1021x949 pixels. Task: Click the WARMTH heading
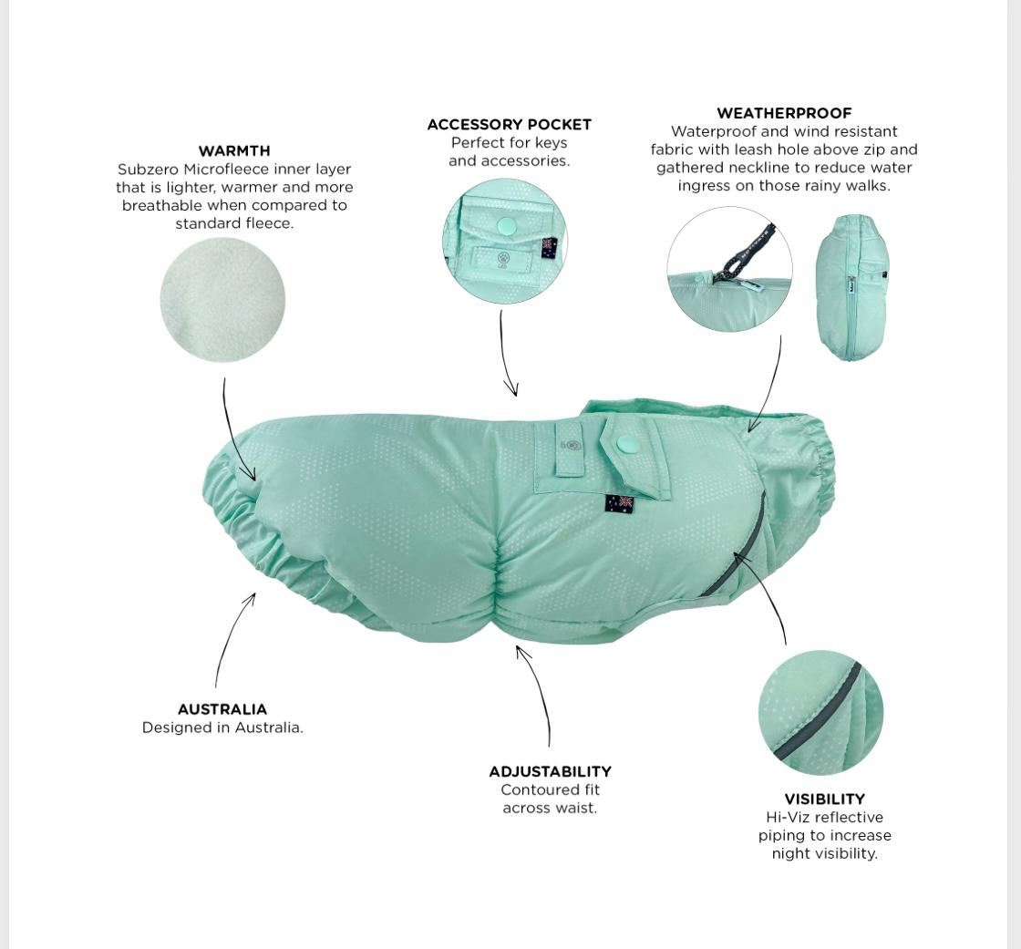233,150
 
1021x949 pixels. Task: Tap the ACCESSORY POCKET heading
510,124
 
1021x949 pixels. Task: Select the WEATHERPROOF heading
784,113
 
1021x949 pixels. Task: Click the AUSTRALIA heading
222,709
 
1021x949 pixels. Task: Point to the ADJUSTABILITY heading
551,771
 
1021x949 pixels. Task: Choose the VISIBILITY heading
824,799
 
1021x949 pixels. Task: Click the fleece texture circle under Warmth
222,300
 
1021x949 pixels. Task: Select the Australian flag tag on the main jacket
619,504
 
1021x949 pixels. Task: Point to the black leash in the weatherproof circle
747,253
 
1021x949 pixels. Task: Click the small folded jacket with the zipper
851,288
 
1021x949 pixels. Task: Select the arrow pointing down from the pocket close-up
505,353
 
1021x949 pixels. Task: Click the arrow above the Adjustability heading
540,690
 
